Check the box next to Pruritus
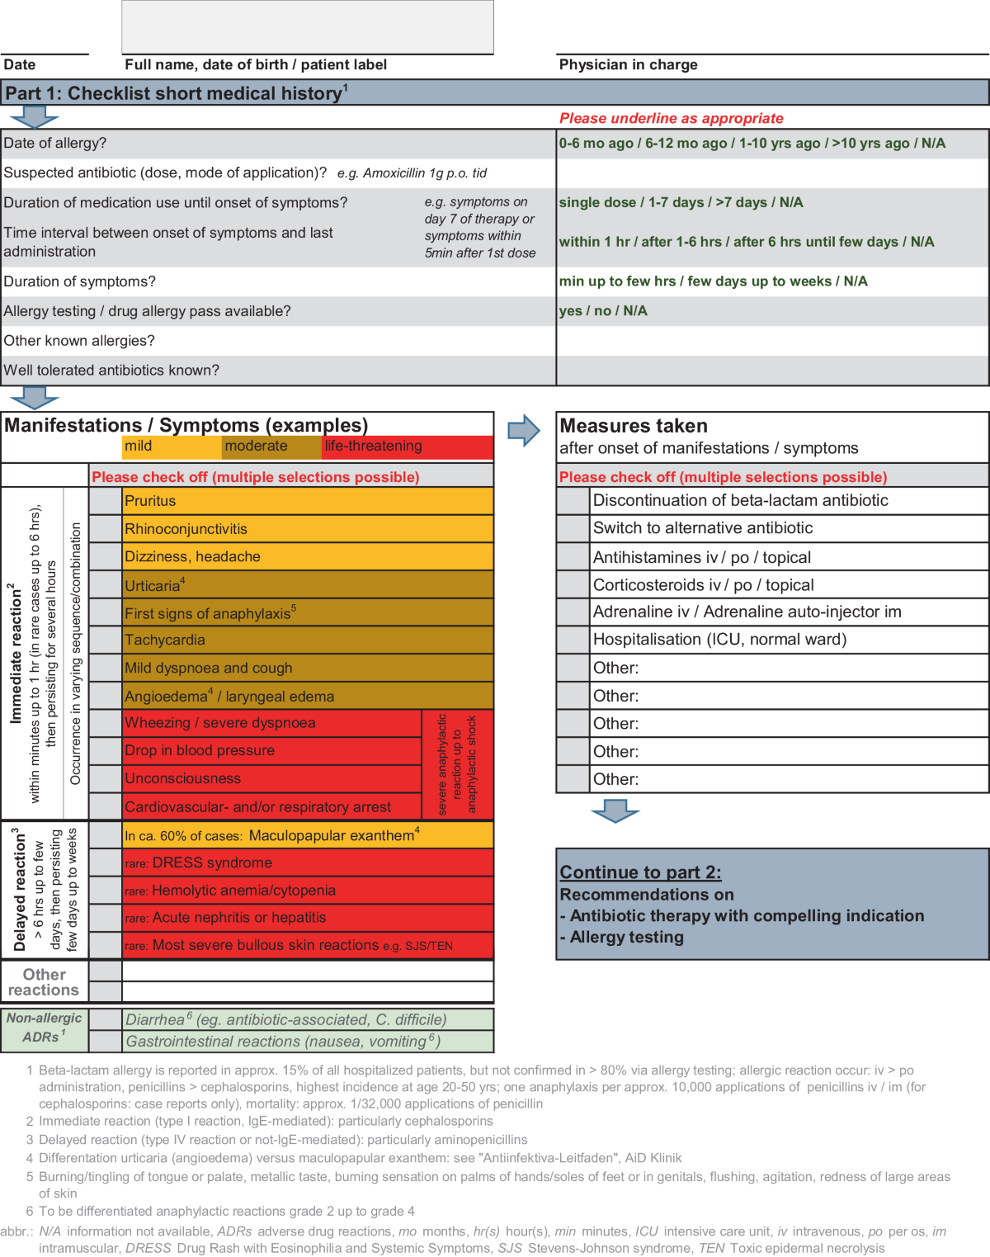106,501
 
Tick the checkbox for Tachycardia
106,640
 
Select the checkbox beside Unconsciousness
106,778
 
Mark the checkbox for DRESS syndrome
106,862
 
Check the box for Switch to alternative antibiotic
573,528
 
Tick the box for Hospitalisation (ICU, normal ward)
573,640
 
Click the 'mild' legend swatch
172,447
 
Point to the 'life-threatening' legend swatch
408,447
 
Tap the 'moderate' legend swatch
271,447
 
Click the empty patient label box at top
308,27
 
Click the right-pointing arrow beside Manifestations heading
523,431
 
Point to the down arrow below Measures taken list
615,811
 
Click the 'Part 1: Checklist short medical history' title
176,93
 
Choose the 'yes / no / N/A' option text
603,311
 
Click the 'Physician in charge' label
628,65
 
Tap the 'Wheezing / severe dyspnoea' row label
220,723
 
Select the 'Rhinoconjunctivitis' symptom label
186,529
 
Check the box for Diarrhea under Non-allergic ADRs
106,1019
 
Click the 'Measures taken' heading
634,426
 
